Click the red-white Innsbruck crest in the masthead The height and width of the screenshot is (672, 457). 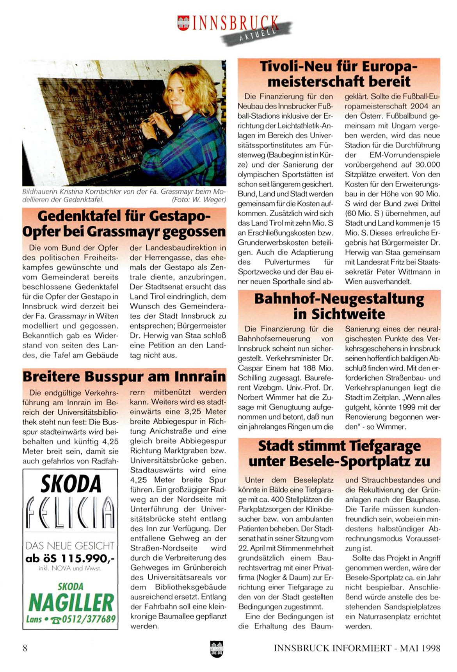(183, 22)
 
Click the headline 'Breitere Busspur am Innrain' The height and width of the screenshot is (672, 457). (124, 376)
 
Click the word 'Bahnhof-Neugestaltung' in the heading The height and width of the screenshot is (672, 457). (339, 299)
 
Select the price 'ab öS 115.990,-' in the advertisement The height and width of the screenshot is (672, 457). (70, 559)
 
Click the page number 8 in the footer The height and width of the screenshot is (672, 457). (25, 648)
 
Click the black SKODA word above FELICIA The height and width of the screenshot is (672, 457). (71, 484)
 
